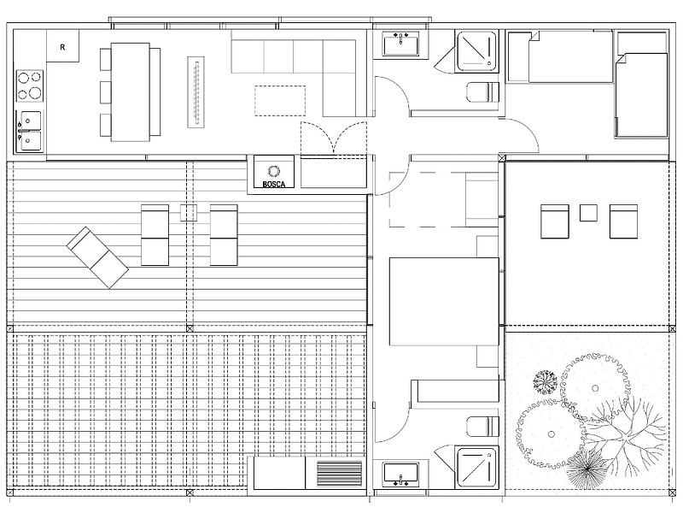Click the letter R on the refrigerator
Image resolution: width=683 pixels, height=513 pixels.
coord(62,47)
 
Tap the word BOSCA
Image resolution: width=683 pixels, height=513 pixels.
coord(274,184)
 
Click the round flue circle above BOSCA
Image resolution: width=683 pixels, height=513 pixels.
coord(274,171)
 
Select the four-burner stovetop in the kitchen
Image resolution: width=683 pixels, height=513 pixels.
coord(30,86)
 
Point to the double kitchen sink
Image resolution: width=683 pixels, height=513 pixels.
coord(30,131)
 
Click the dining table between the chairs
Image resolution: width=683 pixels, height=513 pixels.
coord(131,92)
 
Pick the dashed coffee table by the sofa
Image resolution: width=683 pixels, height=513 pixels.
coord(280,101)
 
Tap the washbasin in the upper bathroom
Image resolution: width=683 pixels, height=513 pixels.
coord(400,44)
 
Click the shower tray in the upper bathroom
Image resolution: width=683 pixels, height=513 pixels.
coord(476,51)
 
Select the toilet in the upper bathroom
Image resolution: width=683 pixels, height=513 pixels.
coord(482,93)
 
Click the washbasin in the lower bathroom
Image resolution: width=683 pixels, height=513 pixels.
coord(400,475)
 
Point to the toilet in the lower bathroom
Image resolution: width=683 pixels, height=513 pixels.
coord(482,426)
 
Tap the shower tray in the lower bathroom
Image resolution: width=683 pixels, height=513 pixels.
coord(476,467)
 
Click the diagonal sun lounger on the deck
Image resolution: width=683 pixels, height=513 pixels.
coord(97,257)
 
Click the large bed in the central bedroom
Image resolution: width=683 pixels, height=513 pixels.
coord(444,302)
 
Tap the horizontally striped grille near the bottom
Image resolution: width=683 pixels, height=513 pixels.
coord(339,474)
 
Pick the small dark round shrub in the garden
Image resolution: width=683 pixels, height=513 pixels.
coord(545,382)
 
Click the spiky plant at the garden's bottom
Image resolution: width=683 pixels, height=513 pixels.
coord(587,469)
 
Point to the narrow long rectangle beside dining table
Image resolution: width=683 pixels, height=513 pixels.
coord(196,92)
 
